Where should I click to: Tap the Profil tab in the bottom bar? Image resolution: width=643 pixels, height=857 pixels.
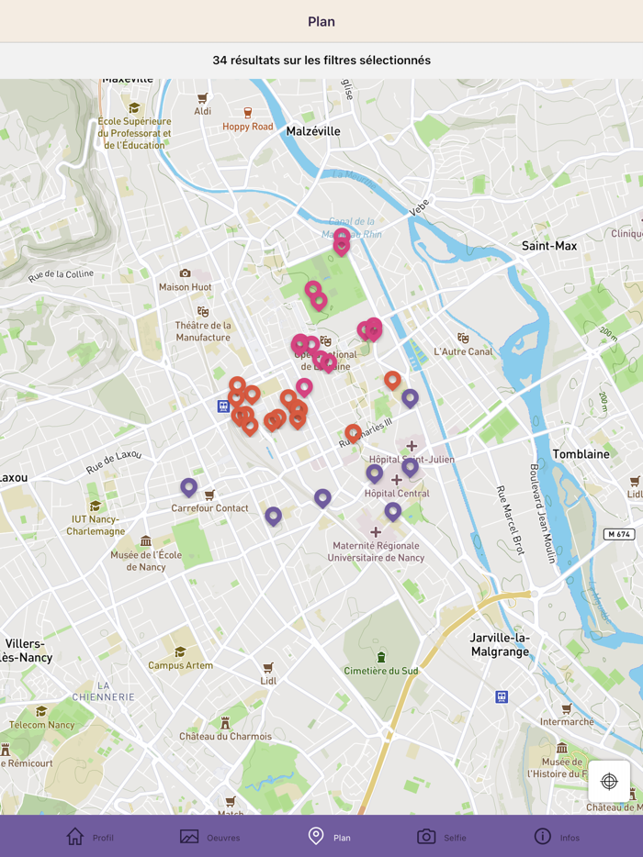[90, 837]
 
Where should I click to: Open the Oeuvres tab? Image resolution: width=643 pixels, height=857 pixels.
[210, 837]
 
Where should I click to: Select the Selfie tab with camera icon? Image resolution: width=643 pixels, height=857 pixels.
[442, 837]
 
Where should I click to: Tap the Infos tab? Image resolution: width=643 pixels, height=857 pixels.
[557, 837]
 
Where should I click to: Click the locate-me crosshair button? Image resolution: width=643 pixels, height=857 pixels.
[609, 781]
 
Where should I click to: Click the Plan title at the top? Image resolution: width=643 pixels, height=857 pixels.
[321, 21]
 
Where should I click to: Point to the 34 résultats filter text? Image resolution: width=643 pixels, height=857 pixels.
[321, 61]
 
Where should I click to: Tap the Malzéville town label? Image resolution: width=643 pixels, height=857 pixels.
[313, 131]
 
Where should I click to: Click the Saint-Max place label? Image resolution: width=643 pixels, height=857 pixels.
[549, 246]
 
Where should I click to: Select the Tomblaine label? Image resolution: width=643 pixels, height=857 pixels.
[581, 454]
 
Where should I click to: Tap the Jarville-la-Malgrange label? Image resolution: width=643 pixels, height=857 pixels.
[500, 644]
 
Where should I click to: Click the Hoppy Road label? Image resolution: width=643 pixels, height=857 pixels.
[248, 127]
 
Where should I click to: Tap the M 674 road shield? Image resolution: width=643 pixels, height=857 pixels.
[619, 534]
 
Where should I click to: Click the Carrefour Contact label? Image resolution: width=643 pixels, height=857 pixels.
[209, 508]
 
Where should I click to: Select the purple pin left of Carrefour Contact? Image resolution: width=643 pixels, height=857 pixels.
[188, 487]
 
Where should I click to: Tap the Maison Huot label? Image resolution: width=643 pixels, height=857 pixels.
[186, 286]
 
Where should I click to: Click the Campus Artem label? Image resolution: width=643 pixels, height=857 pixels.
[181, 665]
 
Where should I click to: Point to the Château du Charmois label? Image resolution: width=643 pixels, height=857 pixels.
[225, 736]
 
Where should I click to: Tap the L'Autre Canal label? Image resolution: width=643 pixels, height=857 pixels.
[463, 351]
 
